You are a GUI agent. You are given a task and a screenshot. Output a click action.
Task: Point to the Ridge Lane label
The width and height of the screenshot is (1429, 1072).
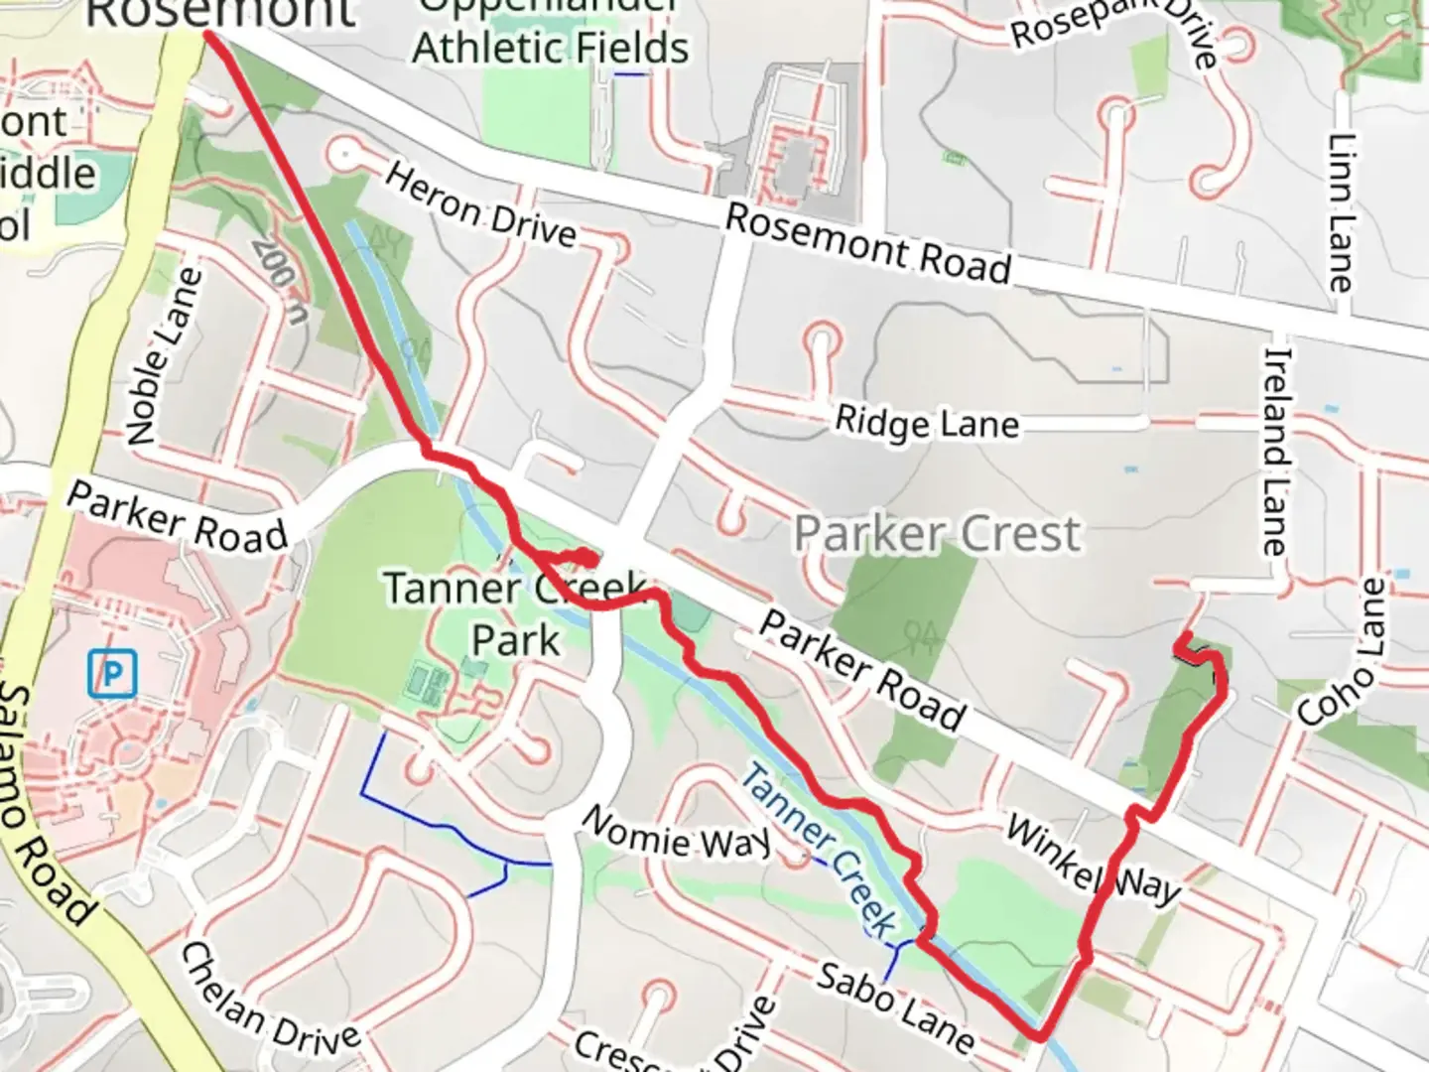(927, 424)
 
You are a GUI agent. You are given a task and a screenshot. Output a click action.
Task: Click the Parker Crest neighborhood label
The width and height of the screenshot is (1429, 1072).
(937, 534)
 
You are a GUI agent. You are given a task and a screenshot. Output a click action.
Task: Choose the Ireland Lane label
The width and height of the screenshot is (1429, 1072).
(1277, 450)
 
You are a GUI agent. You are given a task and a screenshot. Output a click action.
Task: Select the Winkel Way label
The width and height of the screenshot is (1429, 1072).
(1093, 860)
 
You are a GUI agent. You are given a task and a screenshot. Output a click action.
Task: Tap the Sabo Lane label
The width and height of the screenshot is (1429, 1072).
(895, 1006)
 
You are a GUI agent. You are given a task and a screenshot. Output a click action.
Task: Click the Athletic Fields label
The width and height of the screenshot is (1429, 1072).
(551, 47)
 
